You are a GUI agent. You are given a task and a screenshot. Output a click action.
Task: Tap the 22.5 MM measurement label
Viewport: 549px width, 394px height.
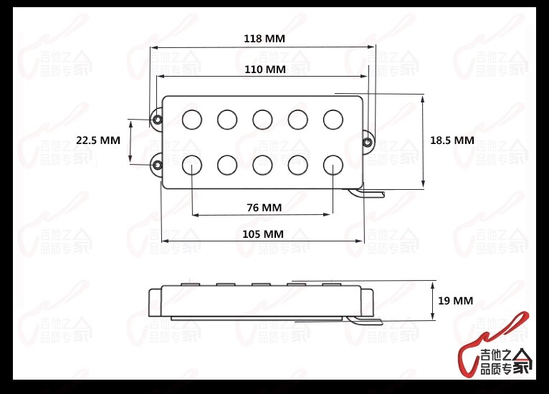98,140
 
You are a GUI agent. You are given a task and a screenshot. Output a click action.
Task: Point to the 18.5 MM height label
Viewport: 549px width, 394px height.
452,140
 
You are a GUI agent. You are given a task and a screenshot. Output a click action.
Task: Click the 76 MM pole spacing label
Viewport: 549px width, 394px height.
264,208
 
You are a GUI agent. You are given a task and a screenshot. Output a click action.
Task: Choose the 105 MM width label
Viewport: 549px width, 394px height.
264,234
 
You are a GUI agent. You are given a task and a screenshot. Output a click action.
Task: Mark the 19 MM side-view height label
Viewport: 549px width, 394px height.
454,301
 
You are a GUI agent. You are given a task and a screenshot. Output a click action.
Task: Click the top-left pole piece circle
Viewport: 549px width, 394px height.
193,120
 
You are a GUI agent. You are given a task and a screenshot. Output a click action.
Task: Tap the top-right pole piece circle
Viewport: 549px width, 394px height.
333,120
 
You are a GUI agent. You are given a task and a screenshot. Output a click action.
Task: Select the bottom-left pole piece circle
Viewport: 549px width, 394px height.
193,165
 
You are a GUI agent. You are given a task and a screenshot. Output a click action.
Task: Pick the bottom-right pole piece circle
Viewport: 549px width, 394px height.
333,165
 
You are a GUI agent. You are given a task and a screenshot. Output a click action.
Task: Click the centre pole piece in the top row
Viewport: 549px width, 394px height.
263,120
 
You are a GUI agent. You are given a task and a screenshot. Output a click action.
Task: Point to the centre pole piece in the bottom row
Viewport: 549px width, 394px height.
263,165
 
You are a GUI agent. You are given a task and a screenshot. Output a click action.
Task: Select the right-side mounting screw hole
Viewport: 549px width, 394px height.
368,142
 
